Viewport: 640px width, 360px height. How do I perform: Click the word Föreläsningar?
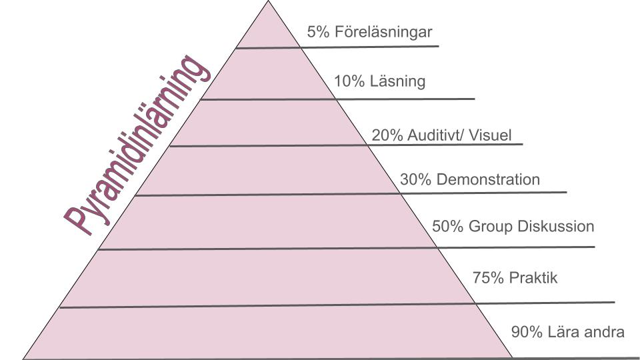(383, 32)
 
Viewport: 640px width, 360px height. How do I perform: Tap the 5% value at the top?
(319, 32)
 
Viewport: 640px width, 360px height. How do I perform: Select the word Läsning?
(397, 81)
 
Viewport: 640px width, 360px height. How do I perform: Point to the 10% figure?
(349, 81)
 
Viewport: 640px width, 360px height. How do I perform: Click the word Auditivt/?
(436, 135)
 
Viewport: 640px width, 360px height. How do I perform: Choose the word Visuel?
(490, 135)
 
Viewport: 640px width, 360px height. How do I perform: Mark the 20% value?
(387, 135)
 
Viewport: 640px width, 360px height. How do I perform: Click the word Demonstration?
(488, 179)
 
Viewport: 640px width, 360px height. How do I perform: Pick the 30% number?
(415, 179)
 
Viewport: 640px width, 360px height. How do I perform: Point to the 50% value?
(448, 227)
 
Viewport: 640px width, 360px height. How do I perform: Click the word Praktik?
(533, 278)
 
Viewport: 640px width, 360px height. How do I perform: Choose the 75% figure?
(488, 278)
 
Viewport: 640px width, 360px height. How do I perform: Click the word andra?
(605, 332)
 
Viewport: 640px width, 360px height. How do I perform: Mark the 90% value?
(527, 332)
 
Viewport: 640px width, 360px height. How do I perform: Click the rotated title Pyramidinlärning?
(137, 145)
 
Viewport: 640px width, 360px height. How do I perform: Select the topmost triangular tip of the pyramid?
(268, 1)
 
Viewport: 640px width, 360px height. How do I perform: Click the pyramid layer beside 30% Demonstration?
(267, 170)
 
